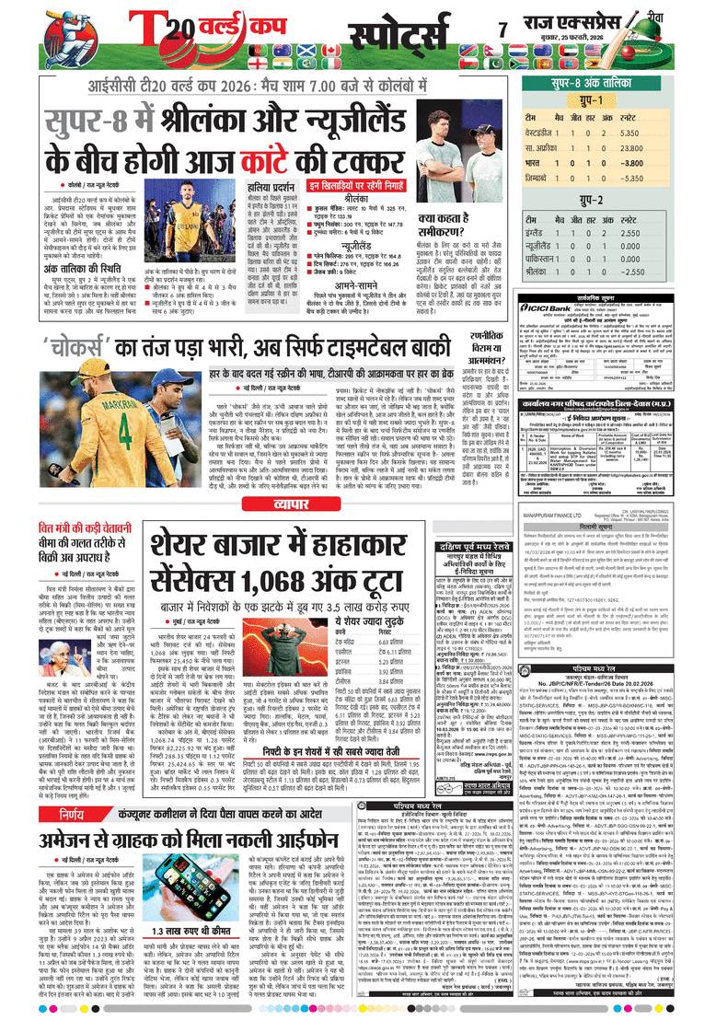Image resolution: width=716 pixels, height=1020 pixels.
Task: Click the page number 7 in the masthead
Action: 502,30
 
